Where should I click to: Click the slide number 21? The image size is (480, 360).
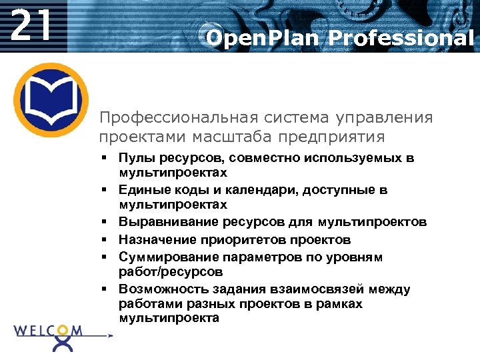[31, 26]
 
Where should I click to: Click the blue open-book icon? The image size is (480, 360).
[51, 99]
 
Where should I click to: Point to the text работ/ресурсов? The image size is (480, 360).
[171, 272]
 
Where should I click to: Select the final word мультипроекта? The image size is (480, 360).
[169, 318]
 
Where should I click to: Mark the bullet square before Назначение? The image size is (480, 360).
[105, 239]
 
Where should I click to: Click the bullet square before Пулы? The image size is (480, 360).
[105, 158]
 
